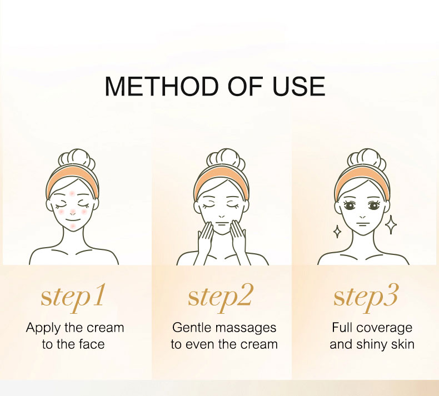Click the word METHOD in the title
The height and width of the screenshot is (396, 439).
[x=161, y=86]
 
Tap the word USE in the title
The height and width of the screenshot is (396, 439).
[x=298, y=86]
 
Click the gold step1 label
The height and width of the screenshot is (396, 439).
[x=73, y=298]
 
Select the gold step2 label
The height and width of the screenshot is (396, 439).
[x=220, y=298]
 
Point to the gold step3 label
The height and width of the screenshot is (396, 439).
[x=366, y=298]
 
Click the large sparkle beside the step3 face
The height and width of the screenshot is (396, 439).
[x=391, y=225]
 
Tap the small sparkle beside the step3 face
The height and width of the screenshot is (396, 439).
[x=337, y=232]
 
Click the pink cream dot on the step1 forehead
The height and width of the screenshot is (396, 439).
[x=72, y=193]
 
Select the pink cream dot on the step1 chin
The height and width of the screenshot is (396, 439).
[x=72, y=225]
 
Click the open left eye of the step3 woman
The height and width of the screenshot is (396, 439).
[x=350, y=205]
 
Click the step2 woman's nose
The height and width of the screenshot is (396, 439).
[x=222, y=216]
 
